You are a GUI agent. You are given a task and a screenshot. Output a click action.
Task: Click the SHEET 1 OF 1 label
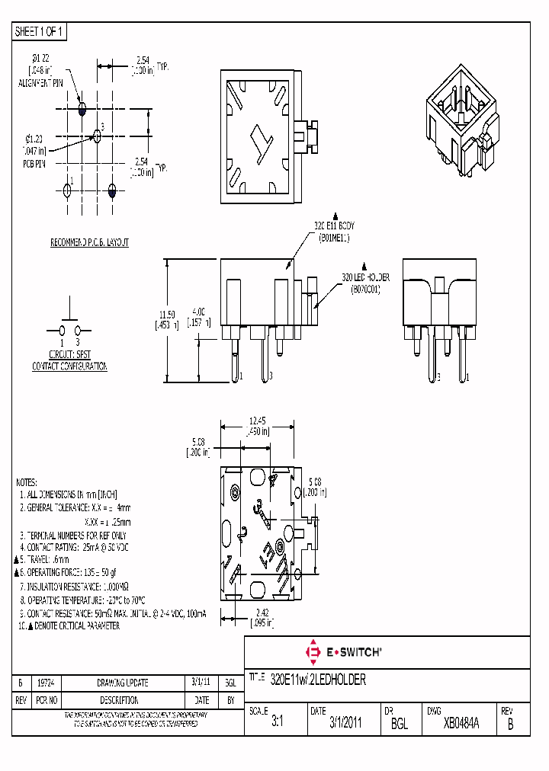tap(40, 31)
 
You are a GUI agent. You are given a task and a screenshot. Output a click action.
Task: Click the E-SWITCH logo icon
tap(312, 652)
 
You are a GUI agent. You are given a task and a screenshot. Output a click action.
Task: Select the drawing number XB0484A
tap(461, 724)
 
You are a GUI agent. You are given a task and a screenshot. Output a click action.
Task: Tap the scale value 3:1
tap(277, 724)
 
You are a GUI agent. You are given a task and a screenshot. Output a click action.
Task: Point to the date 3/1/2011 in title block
tap(346, 724)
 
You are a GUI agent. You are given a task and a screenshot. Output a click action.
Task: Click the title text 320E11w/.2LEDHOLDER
tap(319, 680)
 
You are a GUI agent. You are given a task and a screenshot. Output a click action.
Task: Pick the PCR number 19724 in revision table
tap(45, 683)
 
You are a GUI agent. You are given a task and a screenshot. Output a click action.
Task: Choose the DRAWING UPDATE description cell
tap(122, 683)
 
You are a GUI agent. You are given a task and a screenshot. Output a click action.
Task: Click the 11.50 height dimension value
tap(167, 314)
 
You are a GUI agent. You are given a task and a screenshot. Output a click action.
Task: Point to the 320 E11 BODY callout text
tap(335, 226)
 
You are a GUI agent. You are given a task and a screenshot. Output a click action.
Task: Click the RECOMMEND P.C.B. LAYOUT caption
tap(89, 242)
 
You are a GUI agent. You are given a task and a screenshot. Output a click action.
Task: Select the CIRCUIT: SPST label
tap(69, 355)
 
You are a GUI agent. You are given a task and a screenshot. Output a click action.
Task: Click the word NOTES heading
tap(27, 482)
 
